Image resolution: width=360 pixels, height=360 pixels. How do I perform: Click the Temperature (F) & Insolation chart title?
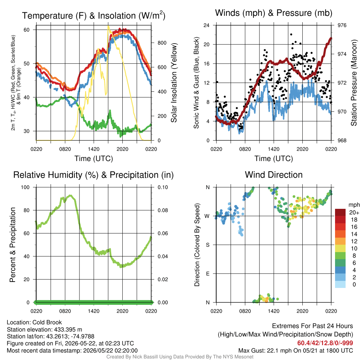pos(94,15)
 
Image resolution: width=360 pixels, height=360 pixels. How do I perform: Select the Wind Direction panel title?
pos(274,175)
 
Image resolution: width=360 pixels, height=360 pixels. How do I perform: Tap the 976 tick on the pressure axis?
pos(342,25)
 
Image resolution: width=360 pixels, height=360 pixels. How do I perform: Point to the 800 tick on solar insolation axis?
pos(162,43)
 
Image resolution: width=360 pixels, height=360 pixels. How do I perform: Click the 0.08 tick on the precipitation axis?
pos(162,210)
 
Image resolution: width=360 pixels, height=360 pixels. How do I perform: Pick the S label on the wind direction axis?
pos(208,245)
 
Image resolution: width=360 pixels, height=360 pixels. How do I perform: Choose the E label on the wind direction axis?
pos(208,274)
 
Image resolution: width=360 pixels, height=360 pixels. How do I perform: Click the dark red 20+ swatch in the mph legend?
pos(340,212)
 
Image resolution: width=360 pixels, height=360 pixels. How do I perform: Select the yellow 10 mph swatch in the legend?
pos(340,248)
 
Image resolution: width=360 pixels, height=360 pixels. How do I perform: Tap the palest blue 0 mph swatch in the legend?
pos(340,284)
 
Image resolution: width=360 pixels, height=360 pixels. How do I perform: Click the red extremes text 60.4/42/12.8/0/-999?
pos(325,343)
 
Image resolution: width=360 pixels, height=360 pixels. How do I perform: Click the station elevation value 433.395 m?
pos(68,329)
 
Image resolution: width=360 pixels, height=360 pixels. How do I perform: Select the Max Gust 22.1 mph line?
pos(295,351)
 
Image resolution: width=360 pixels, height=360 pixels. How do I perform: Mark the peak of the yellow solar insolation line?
pos(108,26)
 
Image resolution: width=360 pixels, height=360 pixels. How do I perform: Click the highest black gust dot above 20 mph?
pos(291,34)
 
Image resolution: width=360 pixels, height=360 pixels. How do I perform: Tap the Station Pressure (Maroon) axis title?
pos(354,83)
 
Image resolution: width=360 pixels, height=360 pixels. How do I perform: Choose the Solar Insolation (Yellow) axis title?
pos(174,83)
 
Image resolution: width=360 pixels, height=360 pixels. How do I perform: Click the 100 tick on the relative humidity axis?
pos(25,187)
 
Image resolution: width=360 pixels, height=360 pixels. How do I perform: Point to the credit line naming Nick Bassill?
pos(180,357)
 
